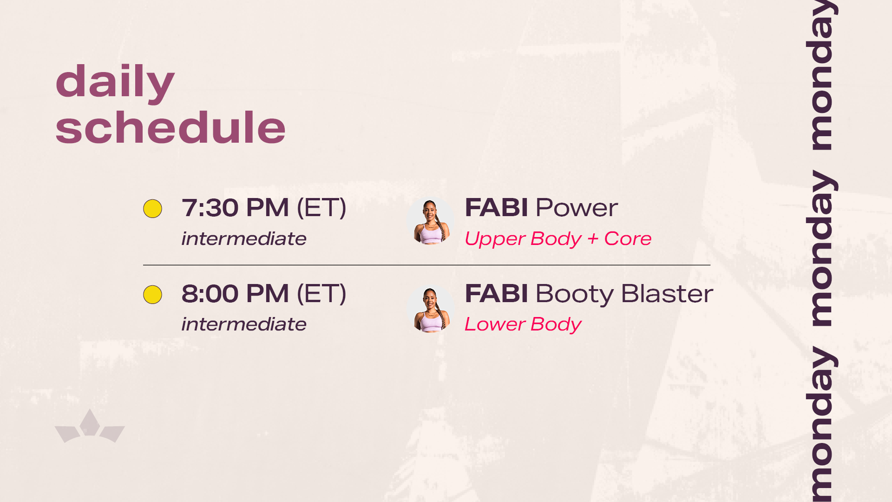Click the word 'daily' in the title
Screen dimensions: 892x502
tap(115, 82)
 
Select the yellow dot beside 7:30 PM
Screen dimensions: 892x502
tap(152, 209)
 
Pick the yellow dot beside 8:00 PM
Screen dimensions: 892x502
tap(152, 295)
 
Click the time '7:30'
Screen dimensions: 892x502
tap(210, 207)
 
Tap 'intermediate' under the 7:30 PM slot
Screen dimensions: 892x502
tap(244, 238)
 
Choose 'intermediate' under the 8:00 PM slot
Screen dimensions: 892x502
tap(244, 324)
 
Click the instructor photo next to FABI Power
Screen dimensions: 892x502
tap(430, 220)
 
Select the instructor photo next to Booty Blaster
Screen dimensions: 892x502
tap(430, 309)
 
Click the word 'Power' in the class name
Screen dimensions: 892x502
tap(577, 207)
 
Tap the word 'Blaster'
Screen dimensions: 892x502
tap(667, 293)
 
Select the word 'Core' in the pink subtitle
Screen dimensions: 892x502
tap(628, 238)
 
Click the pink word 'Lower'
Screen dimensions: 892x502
tap(495, 324)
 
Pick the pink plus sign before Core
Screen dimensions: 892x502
tap(593, 239)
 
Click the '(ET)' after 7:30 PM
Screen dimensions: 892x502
tap(321, 207)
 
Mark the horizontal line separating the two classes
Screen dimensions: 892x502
tap(426, 265)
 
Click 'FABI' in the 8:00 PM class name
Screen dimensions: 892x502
tap(496, 293)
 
